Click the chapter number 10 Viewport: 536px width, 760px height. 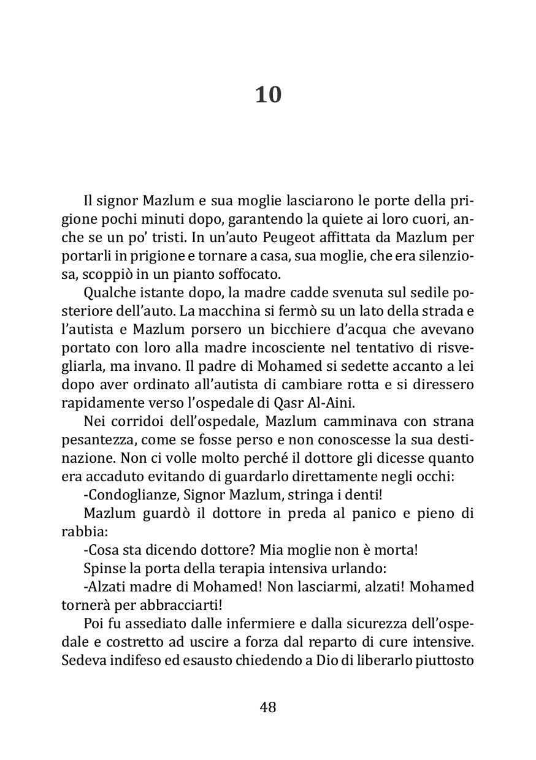(x=268, y=95)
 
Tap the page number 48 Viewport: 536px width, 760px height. (x=268, y=707)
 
